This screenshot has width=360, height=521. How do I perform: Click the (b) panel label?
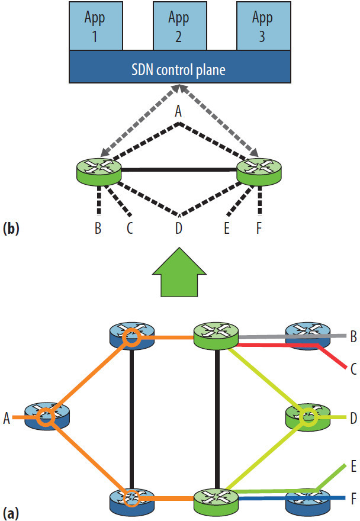[x=12, y=228]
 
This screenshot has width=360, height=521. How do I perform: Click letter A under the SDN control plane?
[x=179, y=111]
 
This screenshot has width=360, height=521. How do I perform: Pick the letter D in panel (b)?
[x=179, y=228]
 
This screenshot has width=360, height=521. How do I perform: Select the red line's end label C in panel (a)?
[x=353, y=370]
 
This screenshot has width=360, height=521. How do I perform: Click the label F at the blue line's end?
[x=353, y=497]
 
